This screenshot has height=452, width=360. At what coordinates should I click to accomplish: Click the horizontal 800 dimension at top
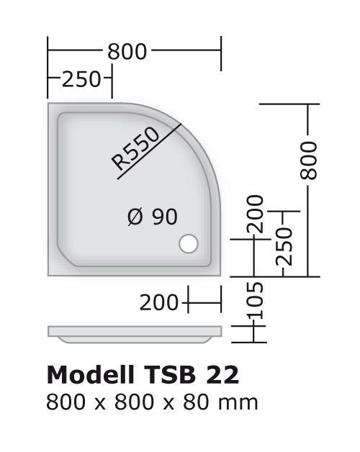[127, 52]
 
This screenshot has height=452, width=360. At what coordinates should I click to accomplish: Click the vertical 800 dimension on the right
[308, 161]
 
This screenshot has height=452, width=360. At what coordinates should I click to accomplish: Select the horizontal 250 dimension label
[81, 79]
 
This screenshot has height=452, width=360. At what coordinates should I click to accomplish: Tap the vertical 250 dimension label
[284, 246]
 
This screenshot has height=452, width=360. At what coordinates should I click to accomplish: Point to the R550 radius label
[135, 149]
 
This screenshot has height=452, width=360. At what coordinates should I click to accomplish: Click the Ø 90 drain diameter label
[153, 217]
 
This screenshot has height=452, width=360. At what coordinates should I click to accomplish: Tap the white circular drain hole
[189, 243]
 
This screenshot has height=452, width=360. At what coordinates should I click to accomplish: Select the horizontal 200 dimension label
[159, 303]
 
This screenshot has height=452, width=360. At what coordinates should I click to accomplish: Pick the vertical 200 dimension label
[255, 214]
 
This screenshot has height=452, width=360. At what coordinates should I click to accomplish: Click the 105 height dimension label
[256, 300]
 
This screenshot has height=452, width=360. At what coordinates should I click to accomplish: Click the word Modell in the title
[90, 375]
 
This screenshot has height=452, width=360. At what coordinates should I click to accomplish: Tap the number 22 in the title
[222, 375]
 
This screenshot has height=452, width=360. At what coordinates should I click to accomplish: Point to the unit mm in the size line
[238, 403]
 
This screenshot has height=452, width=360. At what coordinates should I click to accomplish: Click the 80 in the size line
[196, 402]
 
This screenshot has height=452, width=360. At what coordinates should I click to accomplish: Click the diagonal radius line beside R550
[149, 151]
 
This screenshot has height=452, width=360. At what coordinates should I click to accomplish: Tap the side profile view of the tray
[135, 335]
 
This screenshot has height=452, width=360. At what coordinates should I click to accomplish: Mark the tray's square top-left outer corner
[48, 103]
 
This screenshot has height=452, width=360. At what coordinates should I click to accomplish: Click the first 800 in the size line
[66, 402]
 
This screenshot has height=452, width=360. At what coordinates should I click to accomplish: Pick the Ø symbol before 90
[135, 217]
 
